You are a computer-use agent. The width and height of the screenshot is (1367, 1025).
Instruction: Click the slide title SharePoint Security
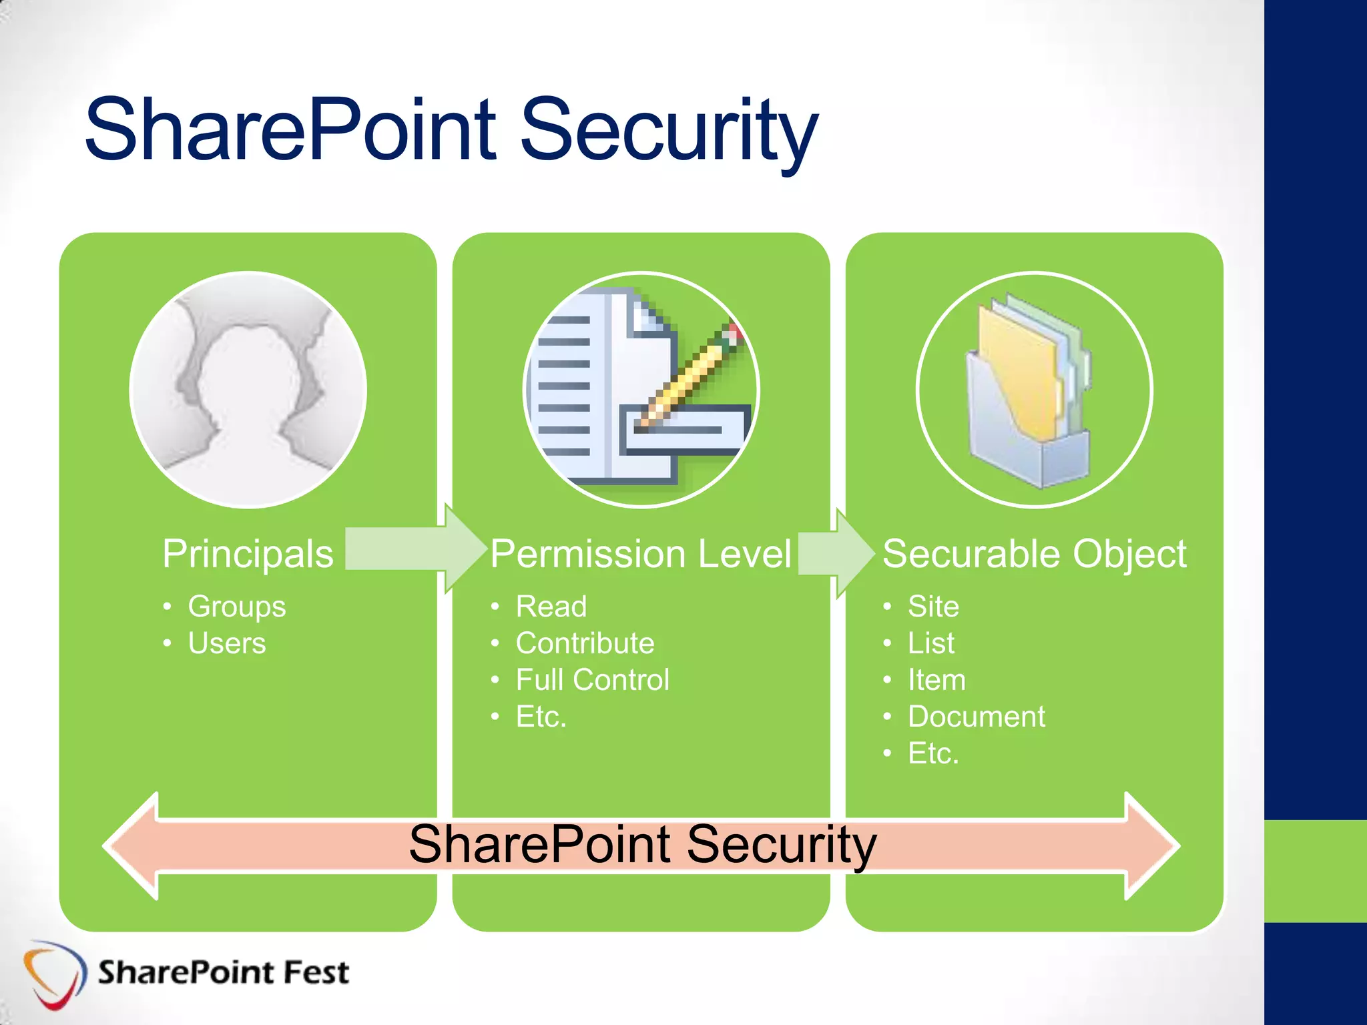point(451,130)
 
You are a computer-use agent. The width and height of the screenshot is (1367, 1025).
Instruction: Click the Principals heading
point(248,554)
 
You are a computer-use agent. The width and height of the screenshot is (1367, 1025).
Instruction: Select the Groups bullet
point(236,607)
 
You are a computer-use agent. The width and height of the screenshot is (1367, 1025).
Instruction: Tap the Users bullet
point(226,643)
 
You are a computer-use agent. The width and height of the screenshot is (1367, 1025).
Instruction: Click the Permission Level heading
point(641,554)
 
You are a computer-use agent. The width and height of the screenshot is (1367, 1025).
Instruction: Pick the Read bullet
point(551,607)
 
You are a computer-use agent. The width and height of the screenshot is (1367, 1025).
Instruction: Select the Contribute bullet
point(585,643)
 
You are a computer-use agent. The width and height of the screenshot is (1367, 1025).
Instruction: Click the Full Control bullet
point(592,680)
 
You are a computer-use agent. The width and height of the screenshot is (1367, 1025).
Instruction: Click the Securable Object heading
point(1034,554)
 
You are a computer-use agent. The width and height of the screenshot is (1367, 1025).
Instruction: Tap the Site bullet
point(933,607)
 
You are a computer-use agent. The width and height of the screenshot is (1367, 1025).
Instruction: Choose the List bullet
point(930,643)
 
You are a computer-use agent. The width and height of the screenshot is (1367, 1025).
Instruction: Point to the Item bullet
point(936,680)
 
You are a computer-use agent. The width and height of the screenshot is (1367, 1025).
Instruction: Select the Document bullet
point(976,717)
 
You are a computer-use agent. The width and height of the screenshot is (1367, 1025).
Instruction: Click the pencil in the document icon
point(694,374)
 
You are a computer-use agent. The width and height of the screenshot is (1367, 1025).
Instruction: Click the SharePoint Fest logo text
point(223,972)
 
